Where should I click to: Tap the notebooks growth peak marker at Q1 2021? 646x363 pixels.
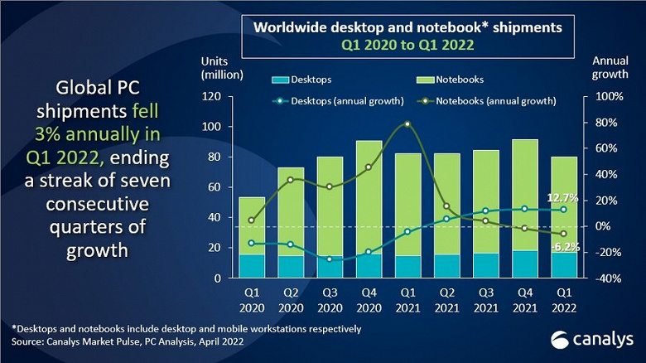pos(407,124)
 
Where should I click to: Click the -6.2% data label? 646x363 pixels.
pos(565,247)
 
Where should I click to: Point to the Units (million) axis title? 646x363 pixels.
pos(222,68)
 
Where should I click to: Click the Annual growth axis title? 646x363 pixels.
pos(611,68)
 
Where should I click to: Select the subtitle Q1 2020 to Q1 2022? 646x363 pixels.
pos(407,46)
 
